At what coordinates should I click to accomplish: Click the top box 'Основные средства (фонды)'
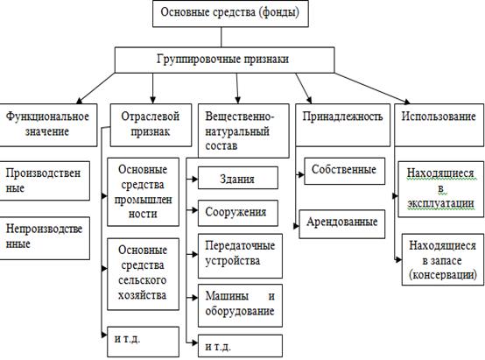[230, 14]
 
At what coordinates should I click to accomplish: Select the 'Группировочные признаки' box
[224, 60]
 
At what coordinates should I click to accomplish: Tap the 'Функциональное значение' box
[48, 124]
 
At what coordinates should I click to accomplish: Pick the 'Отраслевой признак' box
[151, 124]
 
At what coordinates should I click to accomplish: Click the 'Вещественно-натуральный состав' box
[243, 131]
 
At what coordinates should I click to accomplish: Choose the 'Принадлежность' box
[342, 124]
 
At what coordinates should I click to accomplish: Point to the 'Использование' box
[439, 124]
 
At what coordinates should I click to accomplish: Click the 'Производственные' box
[45, 180]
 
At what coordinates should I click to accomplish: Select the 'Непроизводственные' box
[45, 238]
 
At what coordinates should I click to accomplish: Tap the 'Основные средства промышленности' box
[143, 192]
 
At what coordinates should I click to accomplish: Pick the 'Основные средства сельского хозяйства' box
[143, 274]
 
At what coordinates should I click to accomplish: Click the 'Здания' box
[238, 178]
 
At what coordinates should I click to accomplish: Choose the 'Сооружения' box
[238, 213]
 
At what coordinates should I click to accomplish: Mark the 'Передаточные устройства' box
[240, 256]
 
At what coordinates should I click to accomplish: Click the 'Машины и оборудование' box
[240, 306]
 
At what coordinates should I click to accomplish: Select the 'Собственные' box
[345, 171]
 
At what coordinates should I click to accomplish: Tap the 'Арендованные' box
[342, 224]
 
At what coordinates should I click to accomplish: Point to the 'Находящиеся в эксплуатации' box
[440, 189]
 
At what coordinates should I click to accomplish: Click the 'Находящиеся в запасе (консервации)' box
[443, 259]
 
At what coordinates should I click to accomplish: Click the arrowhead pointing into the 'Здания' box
[194, 179]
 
